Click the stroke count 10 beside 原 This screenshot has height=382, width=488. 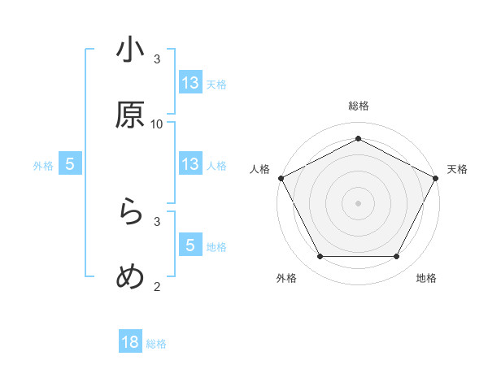click(x=157, y=124)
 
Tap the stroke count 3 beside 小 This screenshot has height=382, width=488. click(x=157, y=59)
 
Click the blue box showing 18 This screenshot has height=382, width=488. click(x=130, y=342)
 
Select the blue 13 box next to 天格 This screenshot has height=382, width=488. click(x=190, y=83)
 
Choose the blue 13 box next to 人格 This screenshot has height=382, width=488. click(x=190, y=165)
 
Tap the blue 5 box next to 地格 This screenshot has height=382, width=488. click(x=190, y=245)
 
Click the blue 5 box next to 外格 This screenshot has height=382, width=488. click(x=70, y=165)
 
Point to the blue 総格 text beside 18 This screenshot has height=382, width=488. click(x=156, y=344)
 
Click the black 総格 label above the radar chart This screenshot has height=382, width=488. click(x=359, y=106)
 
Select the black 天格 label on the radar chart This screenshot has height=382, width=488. click(x=457, y=169)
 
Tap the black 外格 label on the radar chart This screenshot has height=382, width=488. click(x=286, y=278)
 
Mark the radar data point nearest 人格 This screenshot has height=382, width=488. click(x=281, y=177)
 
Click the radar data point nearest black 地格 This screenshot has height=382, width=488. click(x=397, y=257)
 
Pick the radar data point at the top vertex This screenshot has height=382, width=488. click(x=358, y=138)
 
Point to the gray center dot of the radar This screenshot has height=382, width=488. click(x=358, y=202)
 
